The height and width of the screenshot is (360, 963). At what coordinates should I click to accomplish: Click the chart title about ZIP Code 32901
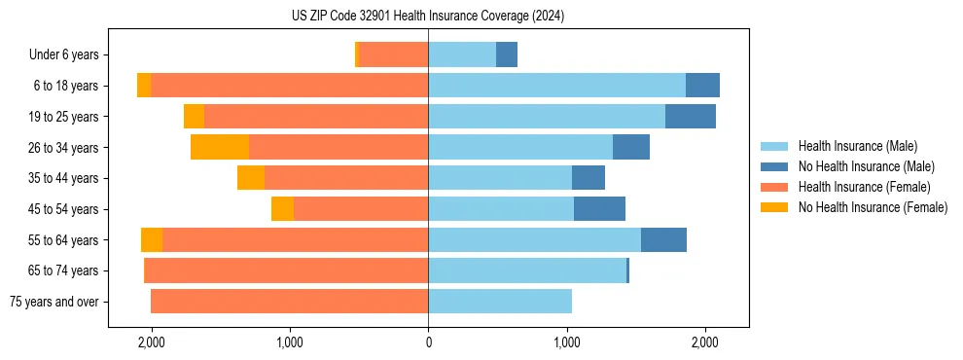pyautogui.click(x=428, y=17)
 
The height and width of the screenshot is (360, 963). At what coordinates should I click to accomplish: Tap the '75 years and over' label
pyautogui.click(x=53, y=302)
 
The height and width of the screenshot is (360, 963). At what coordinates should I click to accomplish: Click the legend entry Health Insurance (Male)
pyautogui.click(x=857, y=146)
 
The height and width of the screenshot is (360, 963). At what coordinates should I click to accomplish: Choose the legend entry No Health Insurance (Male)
pyautogui.click(x=867, y=166)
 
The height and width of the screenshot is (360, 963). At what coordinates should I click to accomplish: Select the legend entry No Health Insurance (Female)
pyautogui.click(x=873, y=207)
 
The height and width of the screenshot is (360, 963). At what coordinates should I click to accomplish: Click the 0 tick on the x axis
pyautogui.click(x=428, y=342)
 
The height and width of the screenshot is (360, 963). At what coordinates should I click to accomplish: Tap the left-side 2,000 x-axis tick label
pyautogui.click(x=152, y=342)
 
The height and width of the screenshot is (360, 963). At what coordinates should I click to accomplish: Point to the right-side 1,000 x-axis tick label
pyautogui.click(x=567, y=342)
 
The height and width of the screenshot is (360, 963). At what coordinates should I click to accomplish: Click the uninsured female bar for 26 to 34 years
pyautogui.click(x=220, y=147)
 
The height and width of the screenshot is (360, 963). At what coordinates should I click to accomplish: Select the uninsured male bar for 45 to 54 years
pyautogui.click(x=599, y=209)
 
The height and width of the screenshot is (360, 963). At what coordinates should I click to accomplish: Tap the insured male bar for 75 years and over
pyautogui.click(x=500, y=302)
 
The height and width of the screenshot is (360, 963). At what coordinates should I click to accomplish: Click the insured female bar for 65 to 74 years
pyautogui.click(x=286, y=270)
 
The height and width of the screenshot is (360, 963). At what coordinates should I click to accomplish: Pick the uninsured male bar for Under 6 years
pyautogui.click(x=507, y=54)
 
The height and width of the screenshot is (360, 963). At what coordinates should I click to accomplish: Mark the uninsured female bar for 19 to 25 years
pyautogui.click(x=194, y=117)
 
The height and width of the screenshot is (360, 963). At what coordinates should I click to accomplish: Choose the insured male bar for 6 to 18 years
pyautogui.click(x=556, y=86)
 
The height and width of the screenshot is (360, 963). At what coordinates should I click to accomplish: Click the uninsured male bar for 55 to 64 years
pyautogui.click(x=663, y=240)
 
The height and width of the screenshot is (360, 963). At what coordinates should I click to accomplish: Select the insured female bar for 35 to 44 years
pyautogui.click(x=346, y=178)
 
